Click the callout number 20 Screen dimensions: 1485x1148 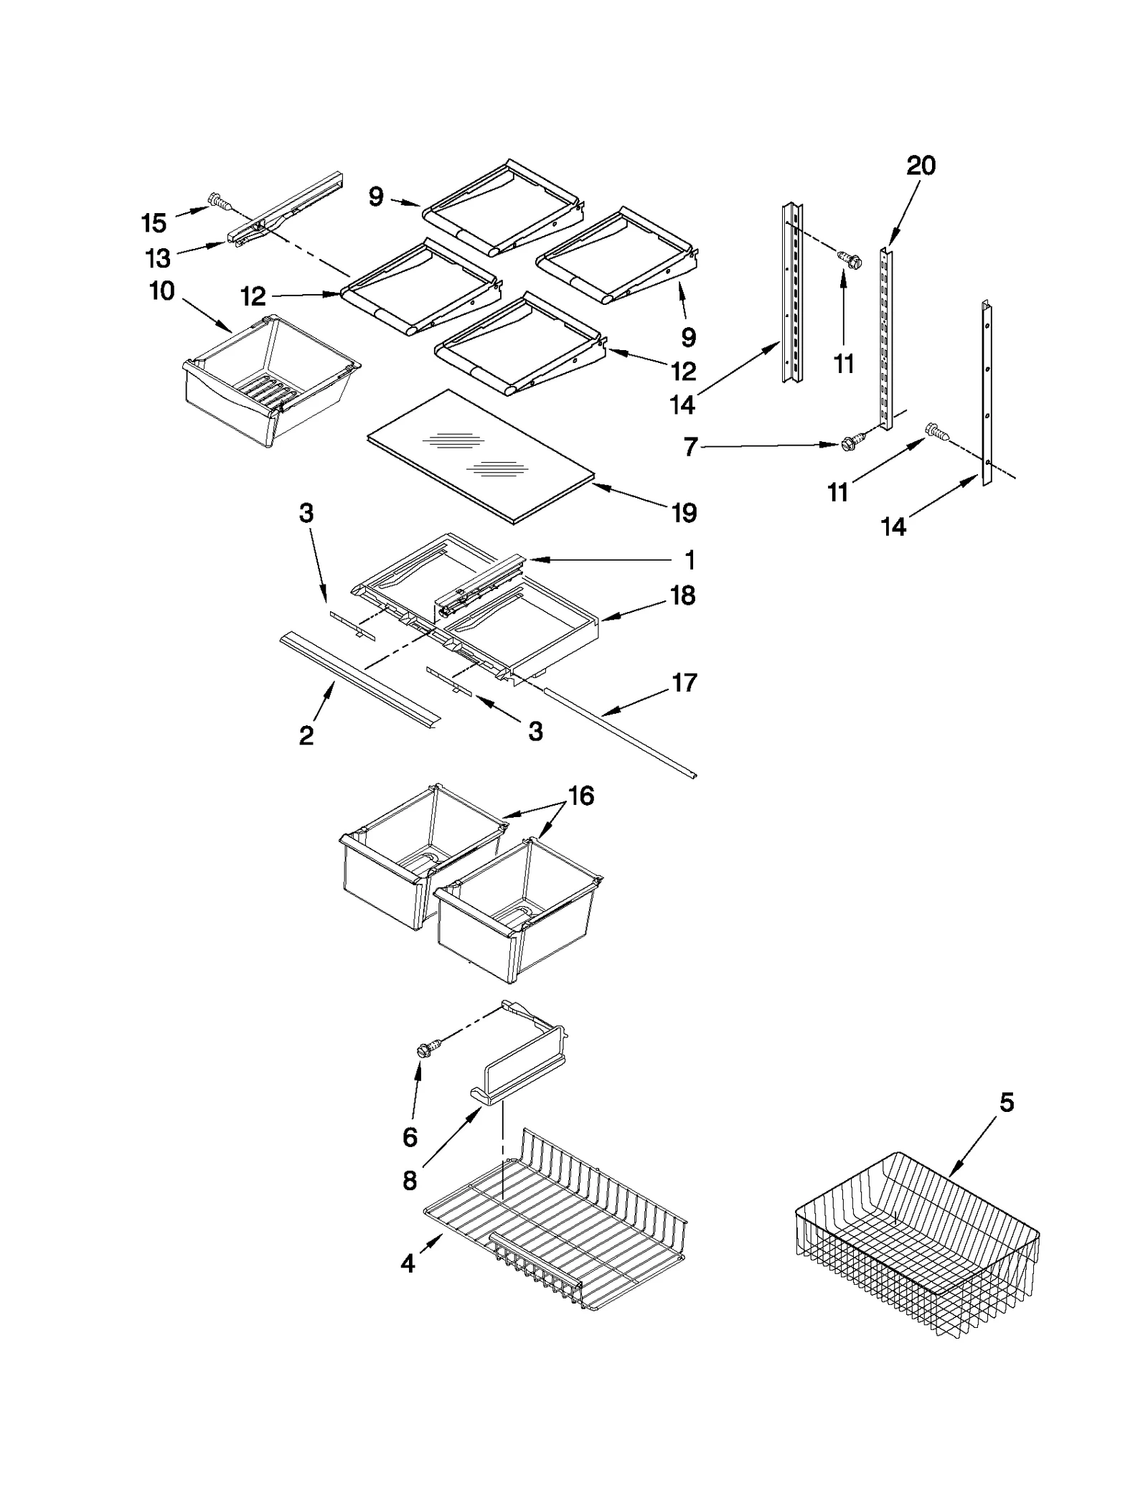pos(921,166)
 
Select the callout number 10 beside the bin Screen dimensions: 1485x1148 pos(162,291)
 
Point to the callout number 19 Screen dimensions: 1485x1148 pos(684,513)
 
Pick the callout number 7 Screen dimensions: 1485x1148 pos(690,448)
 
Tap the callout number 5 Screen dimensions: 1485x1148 pos(1007,1103)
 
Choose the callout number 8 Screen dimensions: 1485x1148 pos(410,1180)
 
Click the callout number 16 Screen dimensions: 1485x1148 pos(581,796)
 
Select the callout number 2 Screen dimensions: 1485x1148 pos(306,735)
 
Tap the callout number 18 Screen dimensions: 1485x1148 pos(683,595)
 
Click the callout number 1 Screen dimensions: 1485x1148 pos(690,560)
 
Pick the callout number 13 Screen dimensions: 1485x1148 pos(158,258)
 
